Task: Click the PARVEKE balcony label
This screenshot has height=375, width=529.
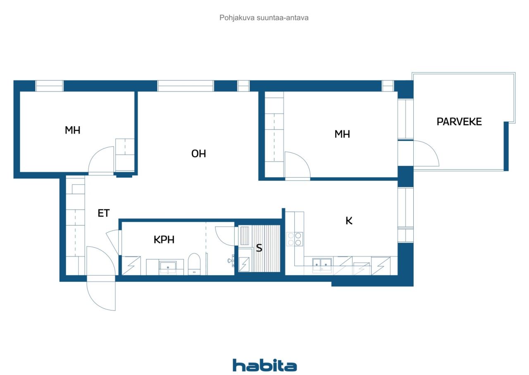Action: point(459,122)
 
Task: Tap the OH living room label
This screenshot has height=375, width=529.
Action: point(198,154)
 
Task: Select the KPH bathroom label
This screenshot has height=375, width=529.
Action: point(164,240)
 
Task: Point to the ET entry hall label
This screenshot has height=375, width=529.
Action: point(103,213)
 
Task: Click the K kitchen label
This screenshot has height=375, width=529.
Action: point(349,221)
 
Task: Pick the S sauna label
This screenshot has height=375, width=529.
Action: point(259,248)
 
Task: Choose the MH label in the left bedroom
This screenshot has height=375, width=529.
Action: point(72,130)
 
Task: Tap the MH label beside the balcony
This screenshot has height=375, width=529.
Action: point(342,134)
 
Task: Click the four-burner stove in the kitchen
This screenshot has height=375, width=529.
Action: point(295,239)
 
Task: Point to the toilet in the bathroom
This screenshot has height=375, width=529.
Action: point(194,264)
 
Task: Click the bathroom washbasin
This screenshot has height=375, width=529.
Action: point(168,267)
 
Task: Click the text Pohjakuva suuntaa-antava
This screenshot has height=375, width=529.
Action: point(264,18)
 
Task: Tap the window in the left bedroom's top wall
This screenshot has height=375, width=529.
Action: point(49,86)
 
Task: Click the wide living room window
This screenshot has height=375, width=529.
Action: point(186,86)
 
